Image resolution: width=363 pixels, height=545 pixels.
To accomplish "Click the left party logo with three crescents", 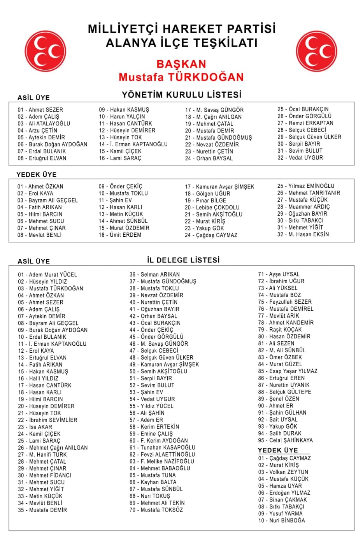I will pyautogui.click(x=46, y=52).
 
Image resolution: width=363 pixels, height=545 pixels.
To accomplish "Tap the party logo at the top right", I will pyautogui.click(x=316, y=52).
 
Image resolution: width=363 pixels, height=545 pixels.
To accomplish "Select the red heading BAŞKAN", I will pyautogui.click(x=181, y=64).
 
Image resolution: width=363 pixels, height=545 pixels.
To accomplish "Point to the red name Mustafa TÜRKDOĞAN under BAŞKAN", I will pyautogui.click(x=181, y=77).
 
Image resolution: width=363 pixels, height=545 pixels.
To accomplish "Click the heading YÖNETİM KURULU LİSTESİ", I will pyautogui.click(x=181, y=95).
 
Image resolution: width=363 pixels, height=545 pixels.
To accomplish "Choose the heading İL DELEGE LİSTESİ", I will pyautogui.click(x=183, y=260).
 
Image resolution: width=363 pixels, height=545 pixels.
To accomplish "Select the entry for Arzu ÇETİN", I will pyautogui.click(x=37, y=130).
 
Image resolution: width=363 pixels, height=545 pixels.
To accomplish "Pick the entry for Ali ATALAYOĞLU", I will pyautogui.click(x=44, y=123).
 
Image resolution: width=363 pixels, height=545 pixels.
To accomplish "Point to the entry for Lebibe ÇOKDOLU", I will pyautogui.click(x=212, y=207).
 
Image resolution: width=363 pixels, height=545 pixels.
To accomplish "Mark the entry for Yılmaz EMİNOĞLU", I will pyautogui.click(x=306, y=186).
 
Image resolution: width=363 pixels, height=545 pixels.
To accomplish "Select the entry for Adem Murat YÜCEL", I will pyautogui.click(x=47, y=274).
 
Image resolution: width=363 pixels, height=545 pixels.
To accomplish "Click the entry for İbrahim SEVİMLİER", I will pyautogui.click(x=47, y=420).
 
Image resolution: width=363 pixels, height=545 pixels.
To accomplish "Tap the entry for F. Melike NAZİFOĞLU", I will pyautogui.click(x=162, y=461).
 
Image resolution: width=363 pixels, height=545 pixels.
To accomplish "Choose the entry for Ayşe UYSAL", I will pyautogui.click(x=279, y=274).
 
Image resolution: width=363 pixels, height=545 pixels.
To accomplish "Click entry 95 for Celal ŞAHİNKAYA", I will pyautogui.click(x=285, y=440).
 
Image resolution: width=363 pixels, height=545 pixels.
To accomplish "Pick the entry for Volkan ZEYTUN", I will pyautogui.click(x=283, y=472).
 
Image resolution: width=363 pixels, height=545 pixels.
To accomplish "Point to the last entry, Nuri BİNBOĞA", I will pyautogui.click(x=282, y=520).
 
